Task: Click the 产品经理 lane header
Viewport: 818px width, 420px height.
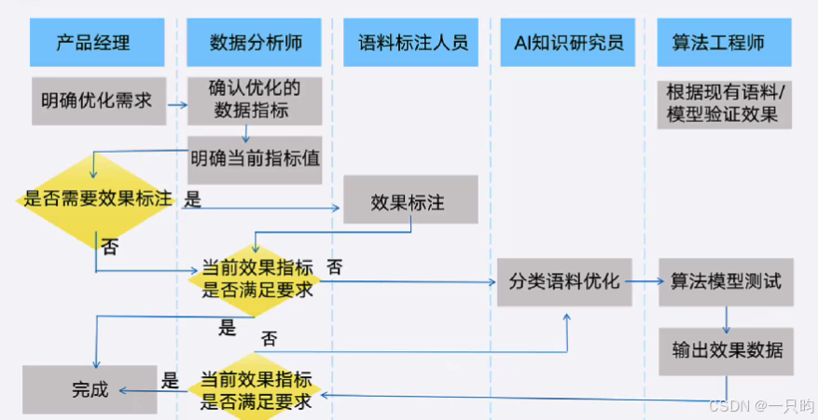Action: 92,41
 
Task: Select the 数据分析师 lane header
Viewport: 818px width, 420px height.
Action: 256,41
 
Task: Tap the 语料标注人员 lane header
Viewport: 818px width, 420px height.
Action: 411,41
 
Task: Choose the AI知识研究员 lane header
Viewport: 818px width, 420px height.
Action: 568,41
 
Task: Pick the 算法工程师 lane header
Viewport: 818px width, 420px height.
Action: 724,41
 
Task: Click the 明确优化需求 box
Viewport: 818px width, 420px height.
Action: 96,101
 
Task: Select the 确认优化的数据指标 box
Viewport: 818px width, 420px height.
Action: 255,101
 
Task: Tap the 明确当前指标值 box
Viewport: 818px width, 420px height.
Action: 255,157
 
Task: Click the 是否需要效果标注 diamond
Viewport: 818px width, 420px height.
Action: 96,198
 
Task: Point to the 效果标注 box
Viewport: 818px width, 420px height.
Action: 410,200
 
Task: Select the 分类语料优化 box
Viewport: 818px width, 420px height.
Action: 564,281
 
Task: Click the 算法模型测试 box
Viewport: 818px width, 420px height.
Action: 726,281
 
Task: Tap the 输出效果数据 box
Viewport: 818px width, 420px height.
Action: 726,351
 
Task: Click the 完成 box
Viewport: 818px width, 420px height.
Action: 90,390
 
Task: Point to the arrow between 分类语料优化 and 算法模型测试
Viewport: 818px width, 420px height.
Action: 645,281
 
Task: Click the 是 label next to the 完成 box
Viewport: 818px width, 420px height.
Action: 170,381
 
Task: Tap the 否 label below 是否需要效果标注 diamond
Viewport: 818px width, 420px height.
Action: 110,247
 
